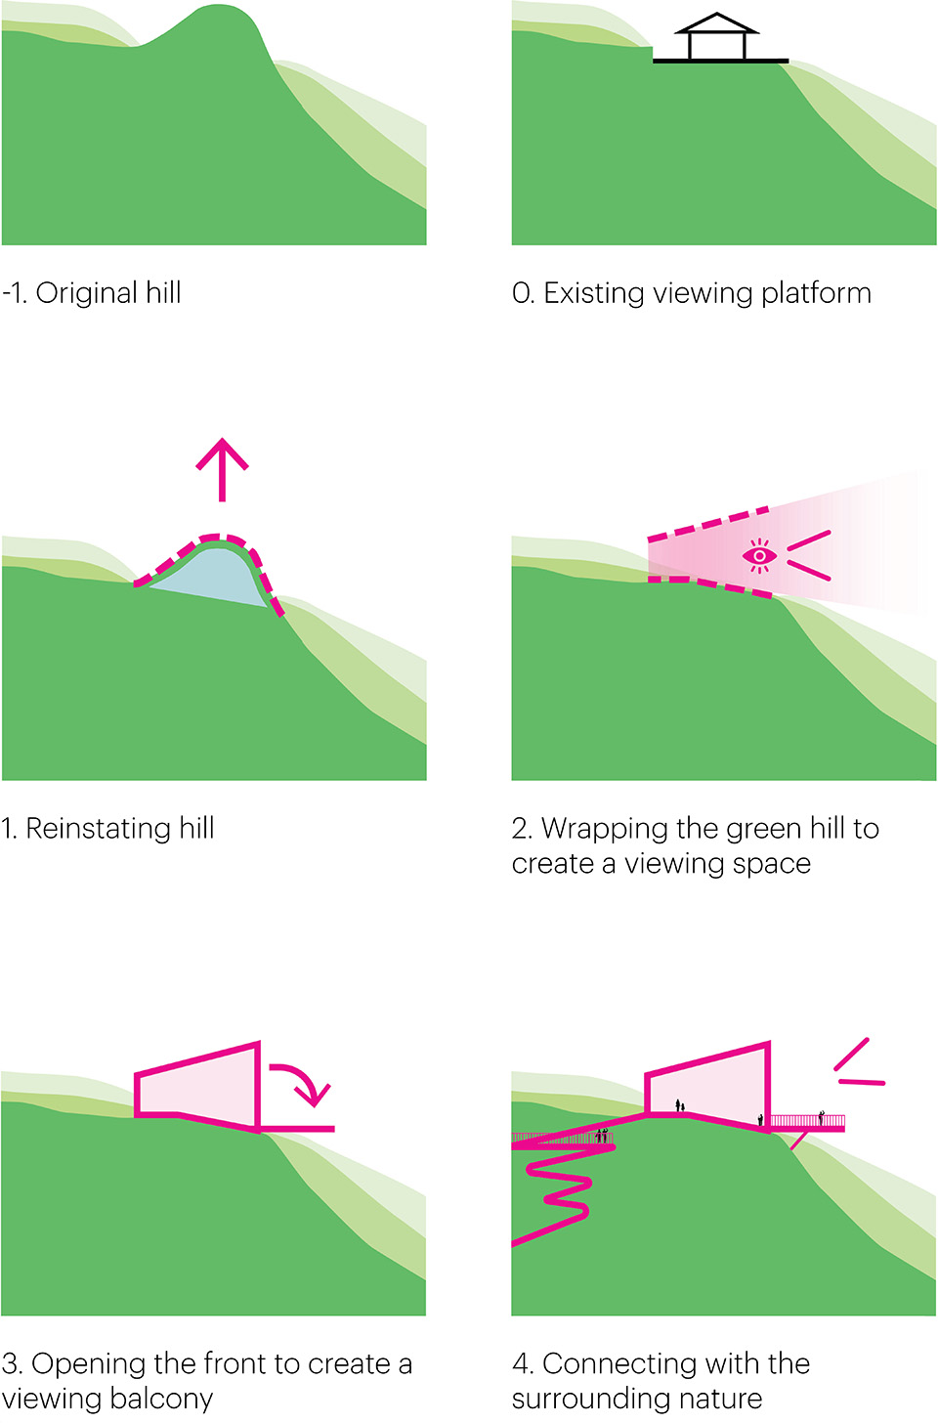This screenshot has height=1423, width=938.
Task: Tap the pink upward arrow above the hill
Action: [x=223, y=468]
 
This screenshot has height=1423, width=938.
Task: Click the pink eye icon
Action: [x=759, y=555]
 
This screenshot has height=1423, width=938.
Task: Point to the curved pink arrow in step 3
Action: [x=304, y=1081]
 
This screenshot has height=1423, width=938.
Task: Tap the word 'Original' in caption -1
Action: [x=87, y=293]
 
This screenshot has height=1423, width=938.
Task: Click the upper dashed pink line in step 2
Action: [x=709, y=523]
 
